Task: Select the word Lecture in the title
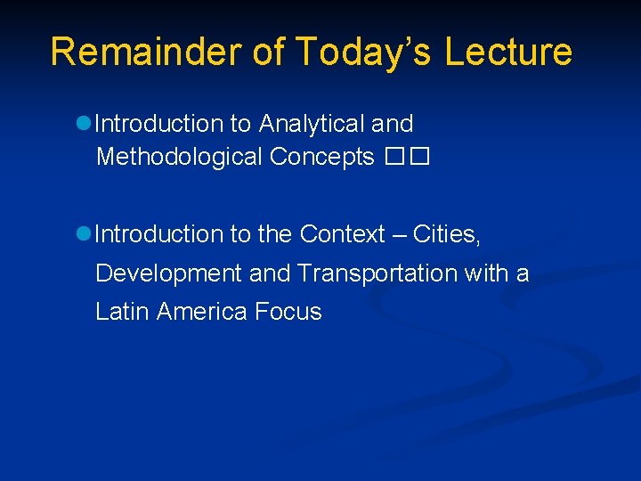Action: coord(508,52)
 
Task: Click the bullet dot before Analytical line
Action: coord(85,124)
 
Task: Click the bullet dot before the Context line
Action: coord(85,234)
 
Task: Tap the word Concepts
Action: coord(321,157)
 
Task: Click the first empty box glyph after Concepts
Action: coord(394,158)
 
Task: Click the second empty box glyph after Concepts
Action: coord(420,158)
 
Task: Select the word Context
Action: coord(341,234)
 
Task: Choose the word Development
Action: coord(168,273)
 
